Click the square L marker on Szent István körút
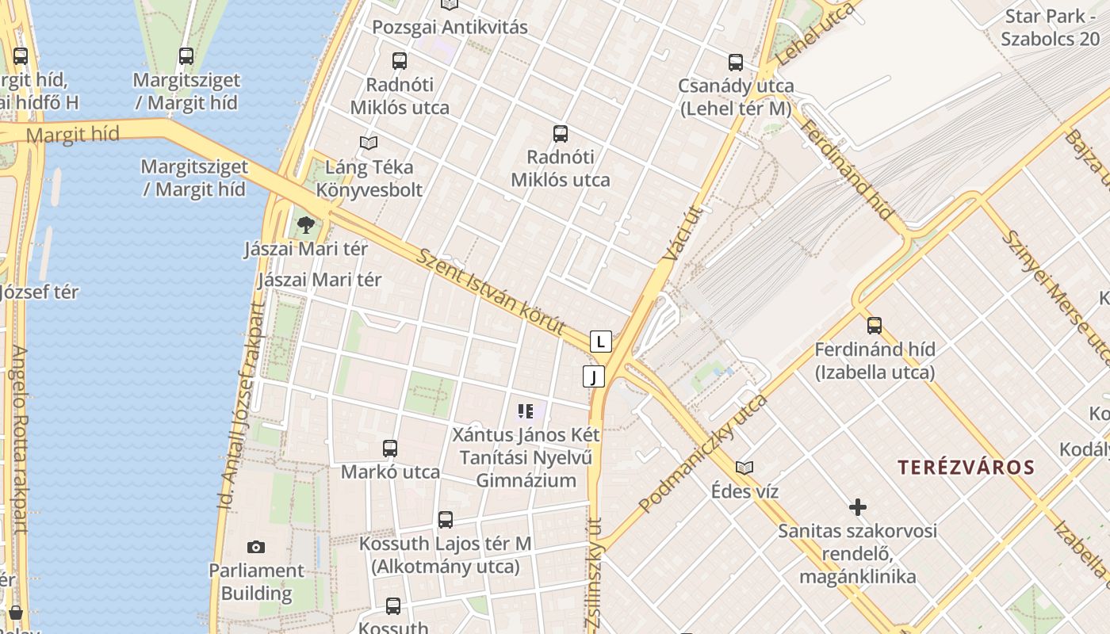pyautogui.click(x=601, y=342)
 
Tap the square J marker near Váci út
pyautogui.click(x=593, y=376)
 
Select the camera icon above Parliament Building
pyautogui.click(x=255, y=547)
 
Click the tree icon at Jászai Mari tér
pyautogui.click(x=306, y=225)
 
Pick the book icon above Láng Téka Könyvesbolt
pyautogui.click(x=368, y=143)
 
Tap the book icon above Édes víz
pyautogui.click(x=744, y=468)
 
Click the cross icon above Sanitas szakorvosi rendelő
pyautogui.click(x=857, y=506)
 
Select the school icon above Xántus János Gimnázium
pyautogui.click(x=525, y=411)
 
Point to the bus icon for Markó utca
pyautogui.click(x=389, y=448)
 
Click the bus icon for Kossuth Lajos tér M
pyautogui.click(x=445, y=520)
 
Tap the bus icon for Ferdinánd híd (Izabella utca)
pyautogui.click(x=874, y=325)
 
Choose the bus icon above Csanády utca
pyautogui.click(x=735, y=62)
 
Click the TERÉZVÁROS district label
pyautogui.click(x=966, y=467)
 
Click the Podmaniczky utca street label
pyautogui.click(x=703, y=453)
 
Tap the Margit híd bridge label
pyautogui.click(x=72, y=134)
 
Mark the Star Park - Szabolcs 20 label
pyautogui.click(x=1050, y=28)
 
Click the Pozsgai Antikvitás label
pyautogui.click(x=450, y=27)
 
